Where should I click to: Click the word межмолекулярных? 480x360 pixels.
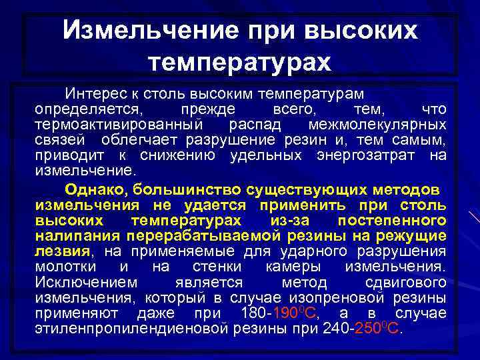377,125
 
